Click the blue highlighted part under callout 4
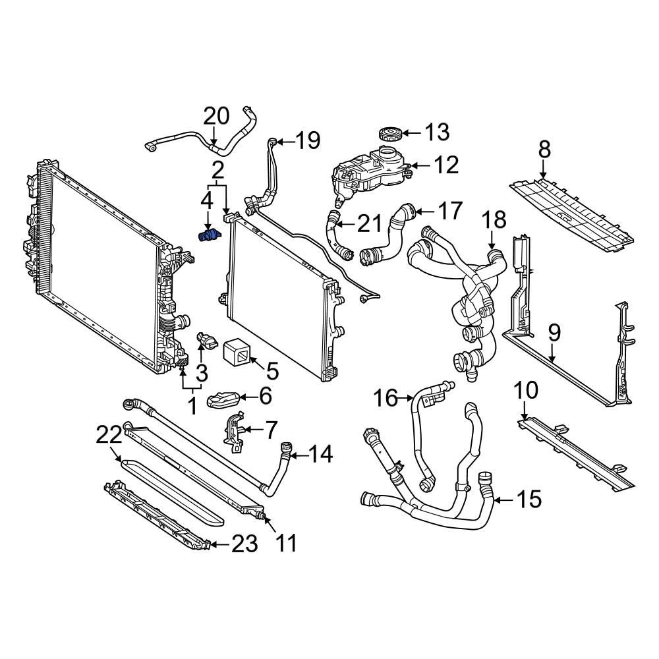[x=208, y=235]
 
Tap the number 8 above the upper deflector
[x=544, y=150]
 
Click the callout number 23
[x=244, y=544]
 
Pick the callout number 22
[x=109, y=435]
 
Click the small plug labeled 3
[x=205, y=341]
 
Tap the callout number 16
[x=387, y=398]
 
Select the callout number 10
[x=526, y=391]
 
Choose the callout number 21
[x=368, y=224]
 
